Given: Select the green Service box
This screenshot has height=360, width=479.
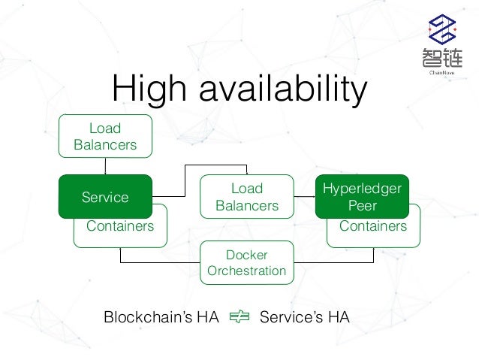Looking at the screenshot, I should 105,197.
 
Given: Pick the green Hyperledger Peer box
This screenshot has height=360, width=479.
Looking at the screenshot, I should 363,196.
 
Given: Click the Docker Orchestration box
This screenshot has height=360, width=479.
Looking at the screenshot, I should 246,262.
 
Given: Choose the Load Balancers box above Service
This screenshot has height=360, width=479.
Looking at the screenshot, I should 105,136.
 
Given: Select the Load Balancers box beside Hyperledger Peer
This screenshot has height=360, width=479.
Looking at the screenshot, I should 246,196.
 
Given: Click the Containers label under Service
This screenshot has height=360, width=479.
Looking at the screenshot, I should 120,226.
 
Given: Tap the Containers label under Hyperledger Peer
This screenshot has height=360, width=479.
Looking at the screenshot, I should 373,226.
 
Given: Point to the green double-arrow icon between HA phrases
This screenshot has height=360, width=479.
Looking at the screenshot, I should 239,318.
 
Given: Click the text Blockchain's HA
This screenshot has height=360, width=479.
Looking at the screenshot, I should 161,318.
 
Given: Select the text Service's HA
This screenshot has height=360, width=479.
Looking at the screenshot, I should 304,318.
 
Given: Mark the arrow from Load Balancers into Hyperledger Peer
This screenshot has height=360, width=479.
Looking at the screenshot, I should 307,196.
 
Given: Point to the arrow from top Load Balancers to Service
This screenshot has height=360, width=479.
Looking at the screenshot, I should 105,166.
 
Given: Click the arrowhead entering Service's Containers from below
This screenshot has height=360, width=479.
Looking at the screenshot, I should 120,250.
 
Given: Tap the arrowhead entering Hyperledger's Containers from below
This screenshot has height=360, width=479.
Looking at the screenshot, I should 373,250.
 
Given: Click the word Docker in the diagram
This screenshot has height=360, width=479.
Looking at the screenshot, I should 246,255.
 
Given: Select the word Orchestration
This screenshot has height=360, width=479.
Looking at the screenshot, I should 246,271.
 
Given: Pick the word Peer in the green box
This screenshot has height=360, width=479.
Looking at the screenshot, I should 363,204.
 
